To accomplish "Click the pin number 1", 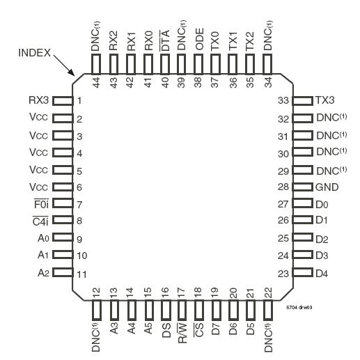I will tap(80, 101).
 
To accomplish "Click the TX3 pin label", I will tap(326, 100).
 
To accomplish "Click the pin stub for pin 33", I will tap(302, 101).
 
